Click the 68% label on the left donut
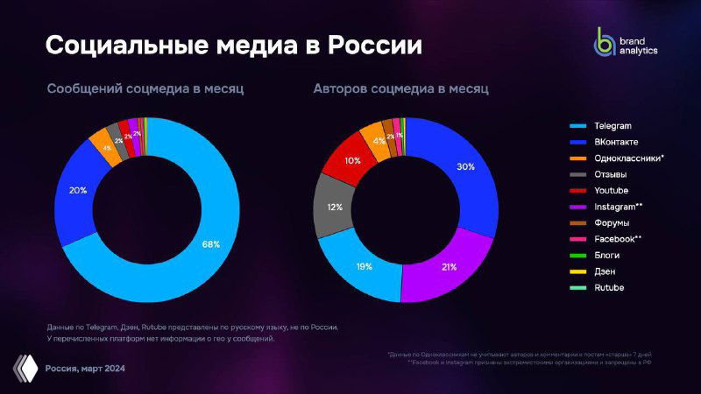tap(211, 244)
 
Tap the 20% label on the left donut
tap(77, 189)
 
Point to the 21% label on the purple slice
tap(448, 267)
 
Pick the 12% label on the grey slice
tap(335, 208)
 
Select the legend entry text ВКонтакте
tap(616, 142)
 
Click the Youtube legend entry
tap(611, 190)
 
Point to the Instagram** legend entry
tap(619, 207)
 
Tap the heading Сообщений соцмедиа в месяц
tap(145, 89)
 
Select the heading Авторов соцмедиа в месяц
tap(400, 89)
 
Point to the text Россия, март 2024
tap(84, 369)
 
